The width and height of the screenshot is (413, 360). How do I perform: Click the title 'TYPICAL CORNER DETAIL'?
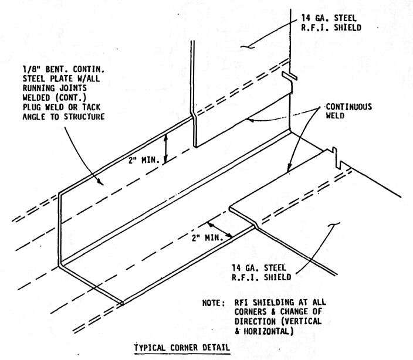tap(182, 348)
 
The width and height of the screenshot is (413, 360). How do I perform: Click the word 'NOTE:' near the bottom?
tap(214, 303)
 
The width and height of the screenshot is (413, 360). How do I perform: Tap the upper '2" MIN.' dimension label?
tap(144, 160)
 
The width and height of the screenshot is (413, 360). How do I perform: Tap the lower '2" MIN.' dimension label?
tap(207, 237)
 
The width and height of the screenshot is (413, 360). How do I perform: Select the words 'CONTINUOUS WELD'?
tap(348, 111)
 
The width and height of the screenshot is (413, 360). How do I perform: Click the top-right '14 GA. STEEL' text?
tap(329, 18)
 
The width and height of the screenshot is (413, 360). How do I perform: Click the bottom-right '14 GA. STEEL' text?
tap(259, 268)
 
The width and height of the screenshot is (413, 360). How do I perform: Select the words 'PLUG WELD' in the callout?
tap(43, 107)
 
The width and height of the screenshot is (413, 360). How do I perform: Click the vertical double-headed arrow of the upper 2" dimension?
tap(165, 148)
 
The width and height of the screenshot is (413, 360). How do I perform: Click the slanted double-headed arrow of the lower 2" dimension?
tap(220, 230)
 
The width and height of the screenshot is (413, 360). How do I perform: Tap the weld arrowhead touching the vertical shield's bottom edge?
tap(250, 120)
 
